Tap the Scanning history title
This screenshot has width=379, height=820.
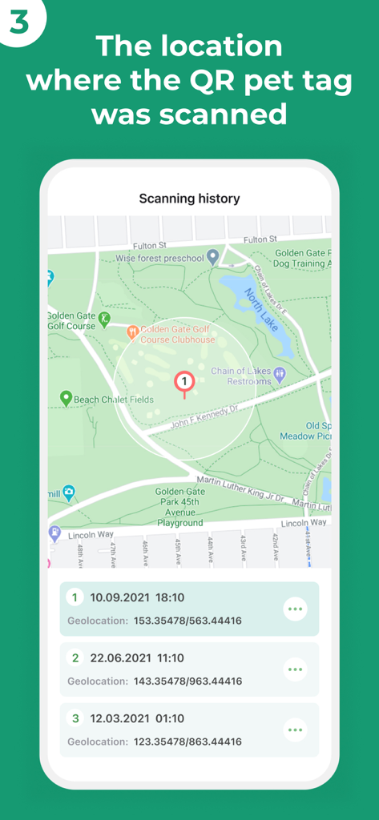(x=189, y=198)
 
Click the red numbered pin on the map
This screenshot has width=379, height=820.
(x=184, y=382)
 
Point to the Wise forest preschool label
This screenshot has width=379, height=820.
(x=159, y=257)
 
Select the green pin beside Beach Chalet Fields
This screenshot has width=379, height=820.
(x=66, y=397)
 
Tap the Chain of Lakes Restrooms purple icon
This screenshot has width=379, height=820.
(x=280, y=373)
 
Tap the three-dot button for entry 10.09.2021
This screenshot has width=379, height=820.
(x=295, y=609)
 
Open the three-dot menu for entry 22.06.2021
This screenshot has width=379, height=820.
(x=295, y=669)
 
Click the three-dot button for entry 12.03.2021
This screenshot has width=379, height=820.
(x=295, y=730)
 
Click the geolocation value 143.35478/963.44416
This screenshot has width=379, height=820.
(x=187, y=681)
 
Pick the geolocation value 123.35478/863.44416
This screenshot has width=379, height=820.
(x=187, y=742)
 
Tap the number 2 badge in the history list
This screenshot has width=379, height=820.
(x=75, y=657)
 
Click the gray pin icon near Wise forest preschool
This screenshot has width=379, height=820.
(x=212, y=257)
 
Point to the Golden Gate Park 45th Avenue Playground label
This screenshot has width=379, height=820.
(x=179, y=507)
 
